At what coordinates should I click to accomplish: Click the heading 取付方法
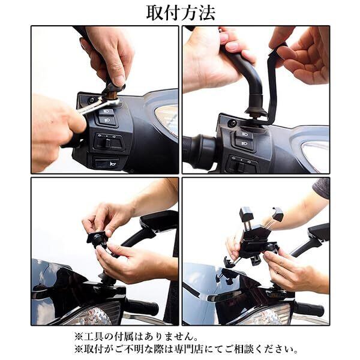click(x=181, y=13)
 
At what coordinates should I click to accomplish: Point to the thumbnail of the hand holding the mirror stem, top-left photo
click(x=119, y=80)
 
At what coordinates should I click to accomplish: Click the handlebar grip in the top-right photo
click(x=199, y=151)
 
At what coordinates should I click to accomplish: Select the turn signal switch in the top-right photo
click(x=242, y=163)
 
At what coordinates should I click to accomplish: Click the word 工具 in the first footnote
click(x=94, y=337)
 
